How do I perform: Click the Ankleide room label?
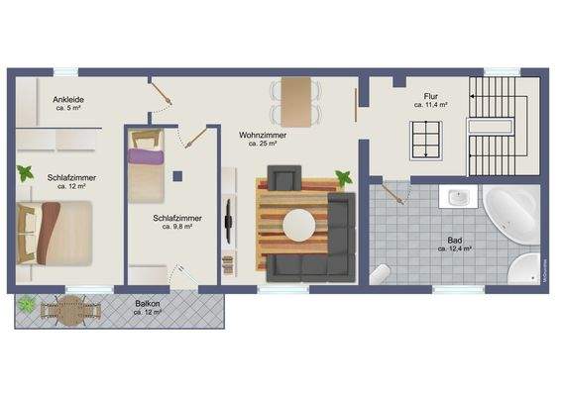(x=68, y=102)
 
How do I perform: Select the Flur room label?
(x=430, y=98)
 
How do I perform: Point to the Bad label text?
(x=453, y=243)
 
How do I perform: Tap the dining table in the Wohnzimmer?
(x=295, y=98)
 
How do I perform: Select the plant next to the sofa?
(x=343, y=179)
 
